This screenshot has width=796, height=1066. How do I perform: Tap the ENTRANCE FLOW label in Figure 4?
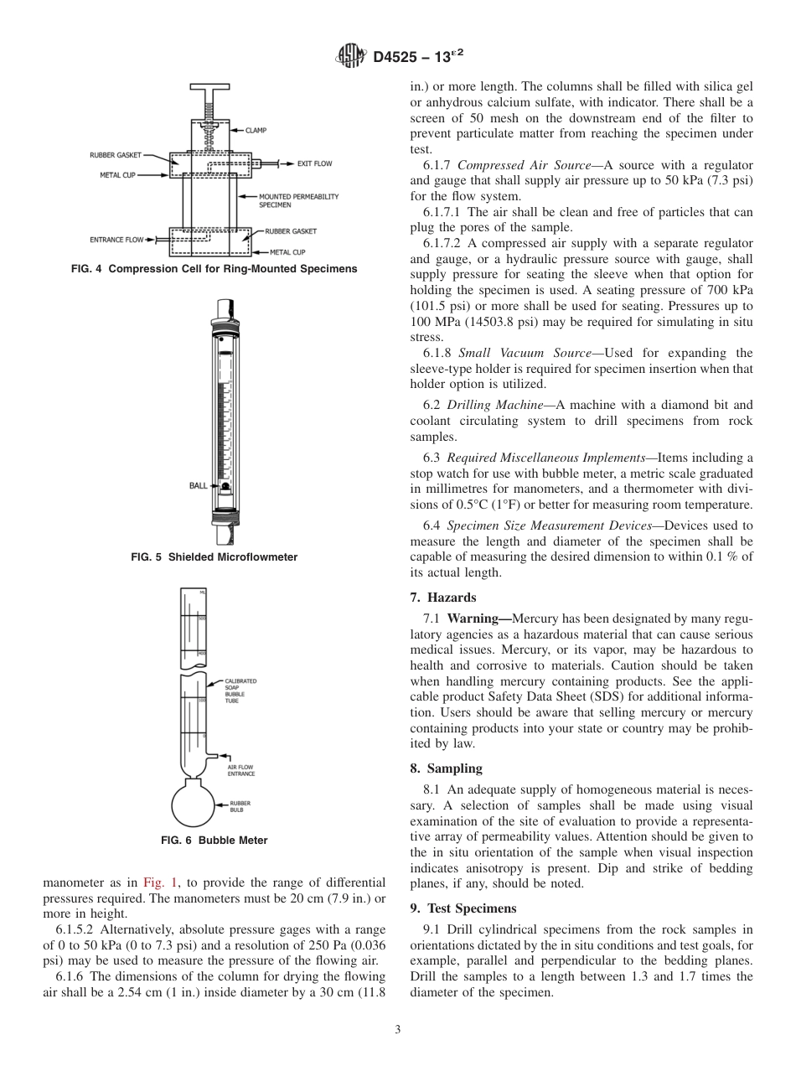tap(116, 240)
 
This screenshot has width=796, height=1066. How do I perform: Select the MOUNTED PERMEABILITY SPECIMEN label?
tap(287, 199)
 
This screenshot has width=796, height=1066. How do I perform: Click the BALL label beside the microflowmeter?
tap(199, 485)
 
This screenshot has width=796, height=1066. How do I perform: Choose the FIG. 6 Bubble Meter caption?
tap(214, 841)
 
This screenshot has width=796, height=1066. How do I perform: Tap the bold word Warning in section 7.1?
tap(478, 618)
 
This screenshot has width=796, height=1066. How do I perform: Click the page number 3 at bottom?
tap(398, 1030)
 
